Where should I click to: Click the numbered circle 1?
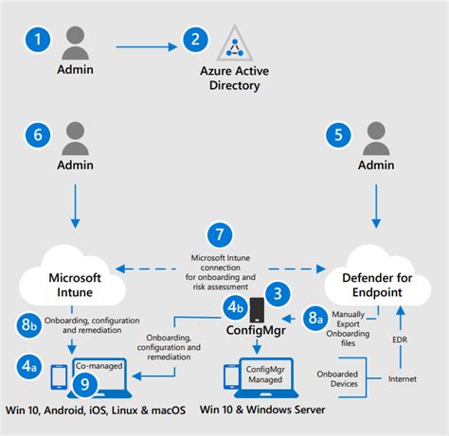pos(38,40)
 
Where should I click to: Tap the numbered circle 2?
pos(195,40)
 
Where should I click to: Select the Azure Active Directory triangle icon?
pos(235,43)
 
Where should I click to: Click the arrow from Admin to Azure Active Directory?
pos(147,47)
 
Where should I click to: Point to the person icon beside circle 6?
pos(75,138)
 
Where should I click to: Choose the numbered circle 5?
pos(338,135)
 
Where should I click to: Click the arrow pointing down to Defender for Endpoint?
pos(376,206)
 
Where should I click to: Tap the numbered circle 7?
pos(220,235)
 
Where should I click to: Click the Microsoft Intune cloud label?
pos(75,285)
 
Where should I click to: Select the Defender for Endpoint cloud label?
pos(377,285)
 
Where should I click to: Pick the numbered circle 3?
pos(278,294)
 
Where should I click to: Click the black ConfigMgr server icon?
pos(257,310)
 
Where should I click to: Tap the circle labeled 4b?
pos(236,307)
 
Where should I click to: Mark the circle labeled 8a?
pos(315,318)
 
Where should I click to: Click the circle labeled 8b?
pos(28,324)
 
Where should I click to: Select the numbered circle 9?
pos(85,384)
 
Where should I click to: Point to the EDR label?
pos(400,340)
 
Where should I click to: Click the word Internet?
pos(403,379)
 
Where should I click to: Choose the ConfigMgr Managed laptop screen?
pos(265,375)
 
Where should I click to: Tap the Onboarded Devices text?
pos(337,379)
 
